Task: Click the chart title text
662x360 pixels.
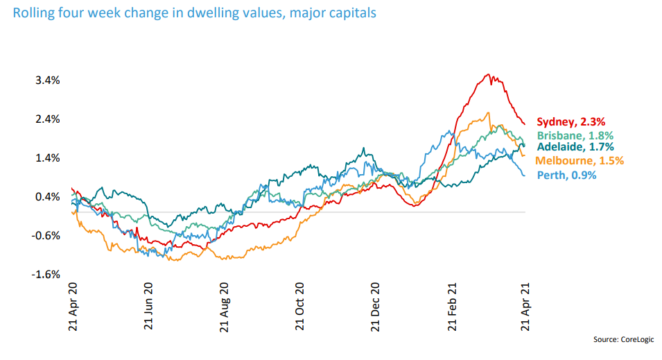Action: pyautogui.click(x=194, y=13)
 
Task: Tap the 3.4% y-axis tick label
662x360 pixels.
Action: pyautogui.click(x=48, y=80)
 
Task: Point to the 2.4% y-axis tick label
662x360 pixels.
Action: pyautogui.click(x=48, y=119)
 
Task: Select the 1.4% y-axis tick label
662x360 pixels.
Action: pyautogui.click(x=48, y=158)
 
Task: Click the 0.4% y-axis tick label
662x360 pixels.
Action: pyautogui.click(x=48, y=197)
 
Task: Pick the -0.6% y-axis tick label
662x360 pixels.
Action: pyautogui.click(x=46, y=236)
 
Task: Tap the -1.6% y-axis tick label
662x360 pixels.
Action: pyautogui.click(x=46, y=275)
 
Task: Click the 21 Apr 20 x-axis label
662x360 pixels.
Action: pyautogui.click(x=73, y=309)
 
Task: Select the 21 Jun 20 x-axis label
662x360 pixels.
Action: pyautogui.click(x=148, y=309)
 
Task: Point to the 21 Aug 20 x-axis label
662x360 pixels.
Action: pyautogui.click(x=225, y=309)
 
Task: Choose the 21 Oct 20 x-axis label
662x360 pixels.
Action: pyautogui.click(x=300, y=309)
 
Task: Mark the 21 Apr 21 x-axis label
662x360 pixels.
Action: pyautogui.click(x=525, y=309)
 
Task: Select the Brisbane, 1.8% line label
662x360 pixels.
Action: pyautogui.click(x=575, y=136)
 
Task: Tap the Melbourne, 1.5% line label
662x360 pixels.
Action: pyautogui.click(x=580, y=161)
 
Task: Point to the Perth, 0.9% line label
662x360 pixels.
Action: pyautogui.click(x=566, y=175)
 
